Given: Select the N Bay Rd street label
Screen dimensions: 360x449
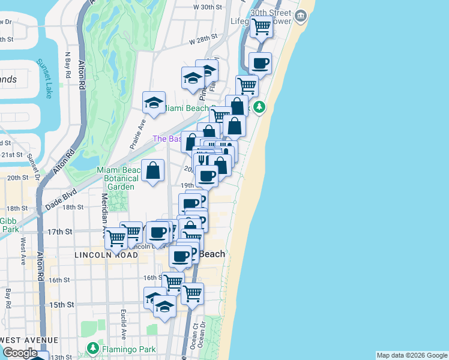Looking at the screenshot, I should [x=68, y=67].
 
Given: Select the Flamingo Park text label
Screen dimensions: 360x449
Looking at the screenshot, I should [x=128, y=349].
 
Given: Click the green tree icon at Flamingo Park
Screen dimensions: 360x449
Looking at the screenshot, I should [x=93, y=348].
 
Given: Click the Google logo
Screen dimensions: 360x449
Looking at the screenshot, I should [x=20, y=353].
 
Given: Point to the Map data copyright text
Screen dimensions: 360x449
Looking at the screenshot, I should [x=411, y=355].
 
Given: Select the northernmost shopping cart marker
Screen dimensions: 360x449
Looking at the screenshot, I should [x=262, y=26].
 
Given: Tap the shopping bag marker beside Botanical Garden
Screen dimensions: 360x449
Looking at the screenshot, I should [x=153, y=170].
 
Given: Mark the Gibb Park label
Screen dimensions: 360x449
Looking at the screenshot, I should [x=8, y=225].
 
